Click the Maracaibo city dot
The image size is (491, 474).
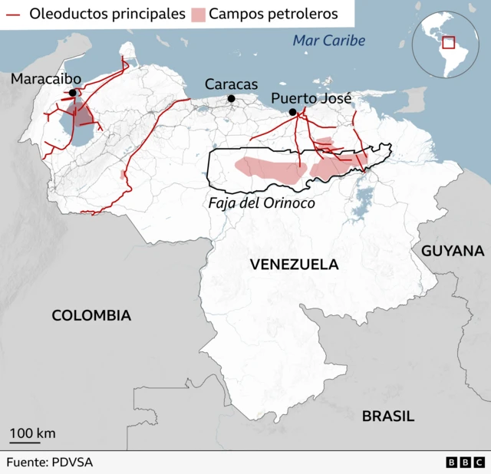(x=73, y=93)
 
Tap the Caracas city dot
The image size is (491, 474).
(x=231, y=98)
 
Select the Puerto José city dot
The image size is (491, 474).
(x=292, y=113)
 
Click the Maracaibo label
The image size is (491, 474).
(x=45, y=79)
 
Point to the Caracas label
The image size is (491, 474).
(x=231, y=84)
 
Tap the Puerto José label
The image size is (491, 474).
(x=311, y=98)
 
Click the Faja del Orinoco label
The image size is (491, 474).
(x=261, y=204)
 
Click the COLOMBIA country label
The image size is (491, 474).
(x=91, y=315)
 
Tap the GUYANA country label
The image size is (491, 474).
(x=453, y=251)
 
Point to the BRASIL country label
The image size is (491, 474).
(x=388, y=416)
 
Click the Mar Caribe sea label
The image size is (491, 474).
(x=328, y=41)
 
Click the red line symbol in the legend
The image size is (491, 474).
(x=13, y=14)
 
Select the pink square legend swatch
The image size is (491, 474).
(x=199, y=14)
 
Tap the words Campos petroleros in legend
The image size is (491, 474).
(x=271, y=14)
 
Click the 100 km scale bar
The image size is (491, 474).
(x=25, y=442)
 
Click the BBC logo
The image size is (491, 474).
(x=464, y=462)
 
